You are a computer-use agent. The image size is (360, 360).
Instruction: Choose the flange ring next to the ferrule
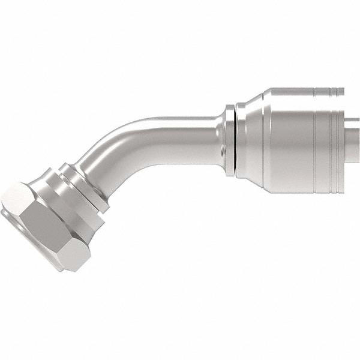(230, 141)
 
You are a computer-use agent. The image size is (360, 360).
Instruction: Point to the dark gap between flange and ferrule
(235, 141)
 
